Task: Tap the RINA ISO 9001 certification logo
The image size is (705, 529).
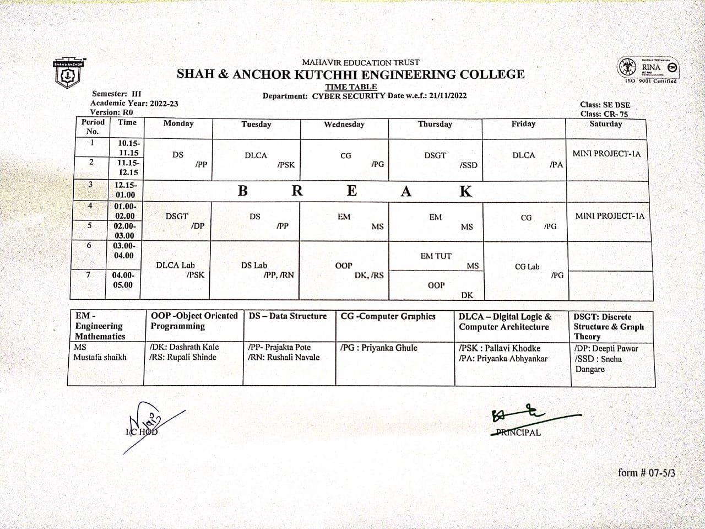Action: (647, 69)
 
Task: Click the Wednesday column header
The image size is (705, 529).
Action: (344, 125)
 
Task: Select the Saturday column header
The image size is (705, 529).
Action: (605, 124)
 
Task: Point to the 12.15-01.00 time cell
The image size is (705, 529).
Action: (125, 190)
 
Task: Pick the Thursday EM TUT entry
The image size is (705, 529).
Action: (436, 256)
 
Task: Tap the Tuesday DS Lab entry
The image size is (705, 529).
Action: (254, 265)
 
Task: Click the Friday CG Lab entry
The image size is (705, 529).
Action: (527, 267)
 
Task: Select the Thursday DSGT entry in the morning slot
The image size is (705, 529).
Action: (435, 155)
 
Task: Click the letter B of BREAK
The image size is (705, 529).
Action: (243, 191)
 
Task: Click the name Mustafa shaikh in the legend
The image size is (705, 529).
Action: (100, 357)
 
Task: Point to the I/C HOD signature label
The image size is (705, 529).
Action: (141, 431)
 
